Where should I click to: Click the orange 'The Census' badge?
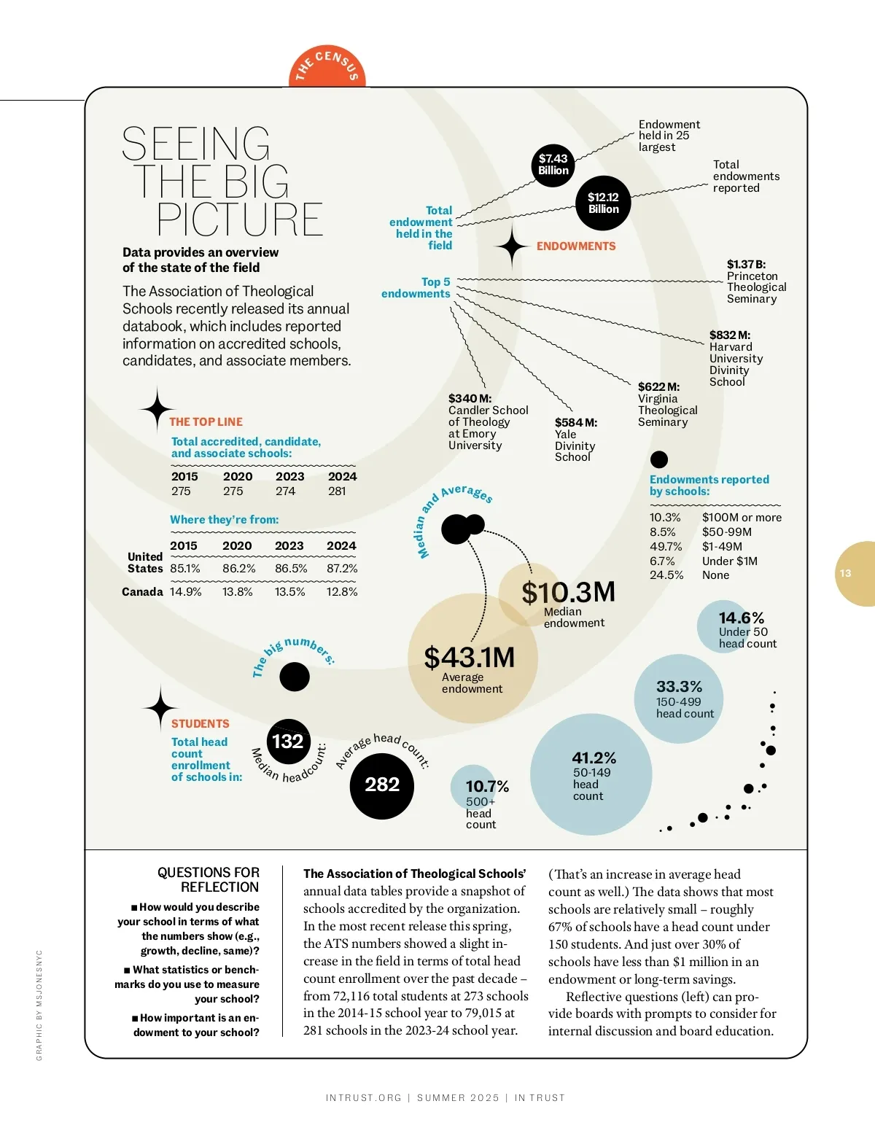[327, 67]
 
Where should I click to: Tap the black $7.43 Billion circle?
[553, 165]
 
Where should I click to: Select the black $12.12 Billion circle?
[603, 203]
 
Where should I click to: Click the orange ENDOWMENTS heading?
[576, 246]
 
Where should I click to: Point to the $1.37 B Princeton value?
[746, 265]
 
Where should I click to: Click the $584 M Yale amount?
[575, 423]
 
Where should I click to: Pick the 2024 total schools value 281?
[337, 491]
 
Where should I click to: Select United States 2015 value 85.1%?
[185, 569]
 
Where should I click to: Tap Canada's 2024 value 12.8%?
[342, 592]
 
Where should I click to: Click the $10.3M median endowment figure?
[569, 592]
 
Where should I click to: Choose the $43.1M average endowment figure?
[470, 658]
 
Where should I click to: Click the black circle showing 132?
[288, 742]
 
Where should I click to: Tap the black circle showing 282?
[382, 785]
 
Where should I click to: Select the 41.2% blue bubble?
[591, 774]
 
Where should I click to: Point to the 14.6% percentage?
[741, 618]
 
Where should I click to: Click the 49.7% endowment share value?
[665, 547]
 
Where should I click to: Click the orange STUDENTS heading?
[201, 724]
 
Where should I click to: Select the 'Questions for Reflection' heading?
[209, 880]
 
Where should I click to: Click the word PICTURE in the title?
[240, 219]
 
